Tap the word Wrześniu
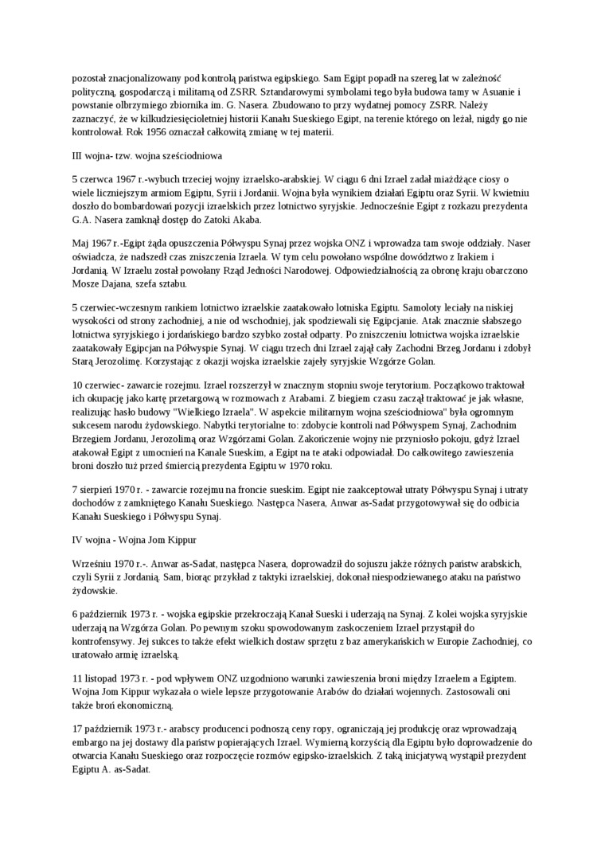[92, 563]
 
